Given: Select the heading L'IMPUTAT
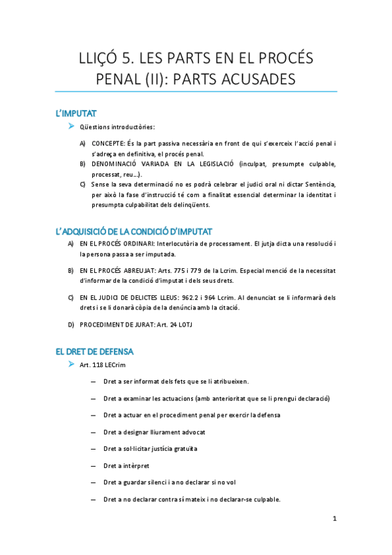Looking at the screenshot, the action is tap(77, 114).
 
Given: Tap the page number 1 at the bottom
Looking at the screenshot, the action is tap(334, 519).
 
